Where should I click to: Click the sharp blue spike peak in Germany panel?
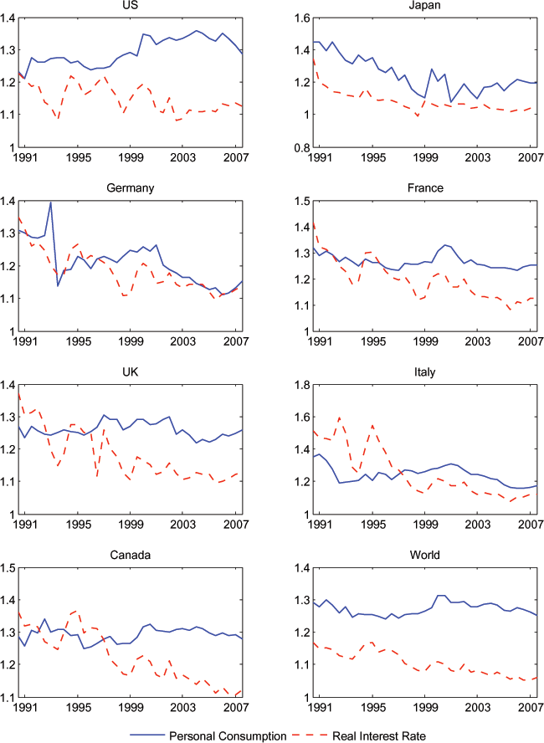click(51, 202)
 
